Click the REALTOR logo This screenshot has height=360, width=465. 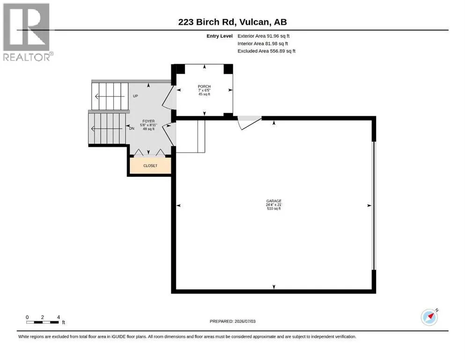point(27,32)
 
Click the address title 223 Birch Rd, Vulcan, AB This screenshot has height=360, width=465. point(232,22)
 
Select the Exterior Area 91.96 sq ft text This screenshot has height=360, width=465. point(263,36)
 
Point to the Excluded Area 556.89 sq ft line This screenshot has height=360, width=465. point(266,51)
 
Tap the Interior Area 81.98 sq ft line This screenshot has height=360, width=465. point(262,43)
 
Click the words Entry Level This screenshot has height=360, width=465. point(220,36)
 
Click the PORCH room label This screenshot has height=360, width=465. point(204,86)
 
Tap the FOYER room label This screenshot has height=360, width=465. point(148,121)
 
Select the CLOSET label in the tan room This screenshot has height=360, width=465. point(150,165)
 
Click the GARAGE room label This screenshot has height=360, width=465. point(274,201)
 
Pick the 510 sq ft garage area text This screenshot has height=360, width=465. point(274,209)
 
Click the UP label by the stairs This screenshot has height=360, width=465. point(135,96)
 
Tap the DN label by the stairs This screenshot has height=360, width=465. point(132,128)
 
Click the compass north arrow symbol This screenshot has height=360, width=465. point(430,317)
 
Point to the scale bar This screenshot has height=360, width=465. point(43,322)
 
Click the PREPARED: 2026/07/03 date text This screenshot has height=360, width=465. point(232,321)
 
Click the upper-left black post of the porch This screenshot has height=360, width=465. point(180,69)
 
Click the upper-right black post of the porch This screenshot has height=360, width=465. point(228,69)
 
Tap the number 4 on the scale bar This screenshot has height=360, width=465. point(59,317)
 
